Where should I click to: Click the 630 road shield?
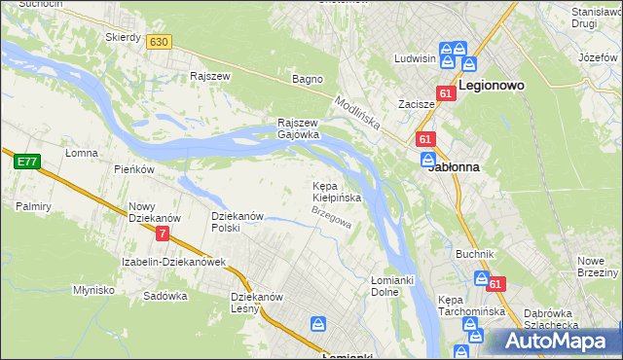[x=159, y=41]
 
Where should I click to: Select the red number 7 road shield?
[x=163, y=234]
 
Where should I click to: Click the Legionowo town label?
[x=492, y=86]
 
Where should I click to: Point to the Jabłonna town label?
[x=454, y=166]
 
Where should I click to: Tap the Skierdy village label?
[x=124, y=37]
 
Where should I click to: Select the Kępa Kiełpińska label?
[x=337, y=191]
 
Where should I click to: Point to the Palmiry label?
[x=33, y=206]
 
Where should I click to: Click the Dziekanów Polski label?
[x=238, y=221]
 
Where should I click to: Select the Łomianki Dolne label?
[x=393, y=286]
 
